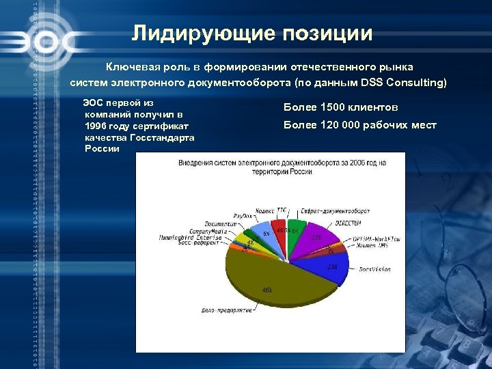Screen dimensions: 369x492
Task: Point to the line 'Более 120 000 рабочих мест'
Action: click(359, 125)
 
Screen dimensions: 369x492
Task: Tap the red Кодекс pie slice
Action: click(279, 230)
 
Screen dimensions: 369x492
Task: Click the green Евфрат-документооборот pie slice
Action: click(295, 229)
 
